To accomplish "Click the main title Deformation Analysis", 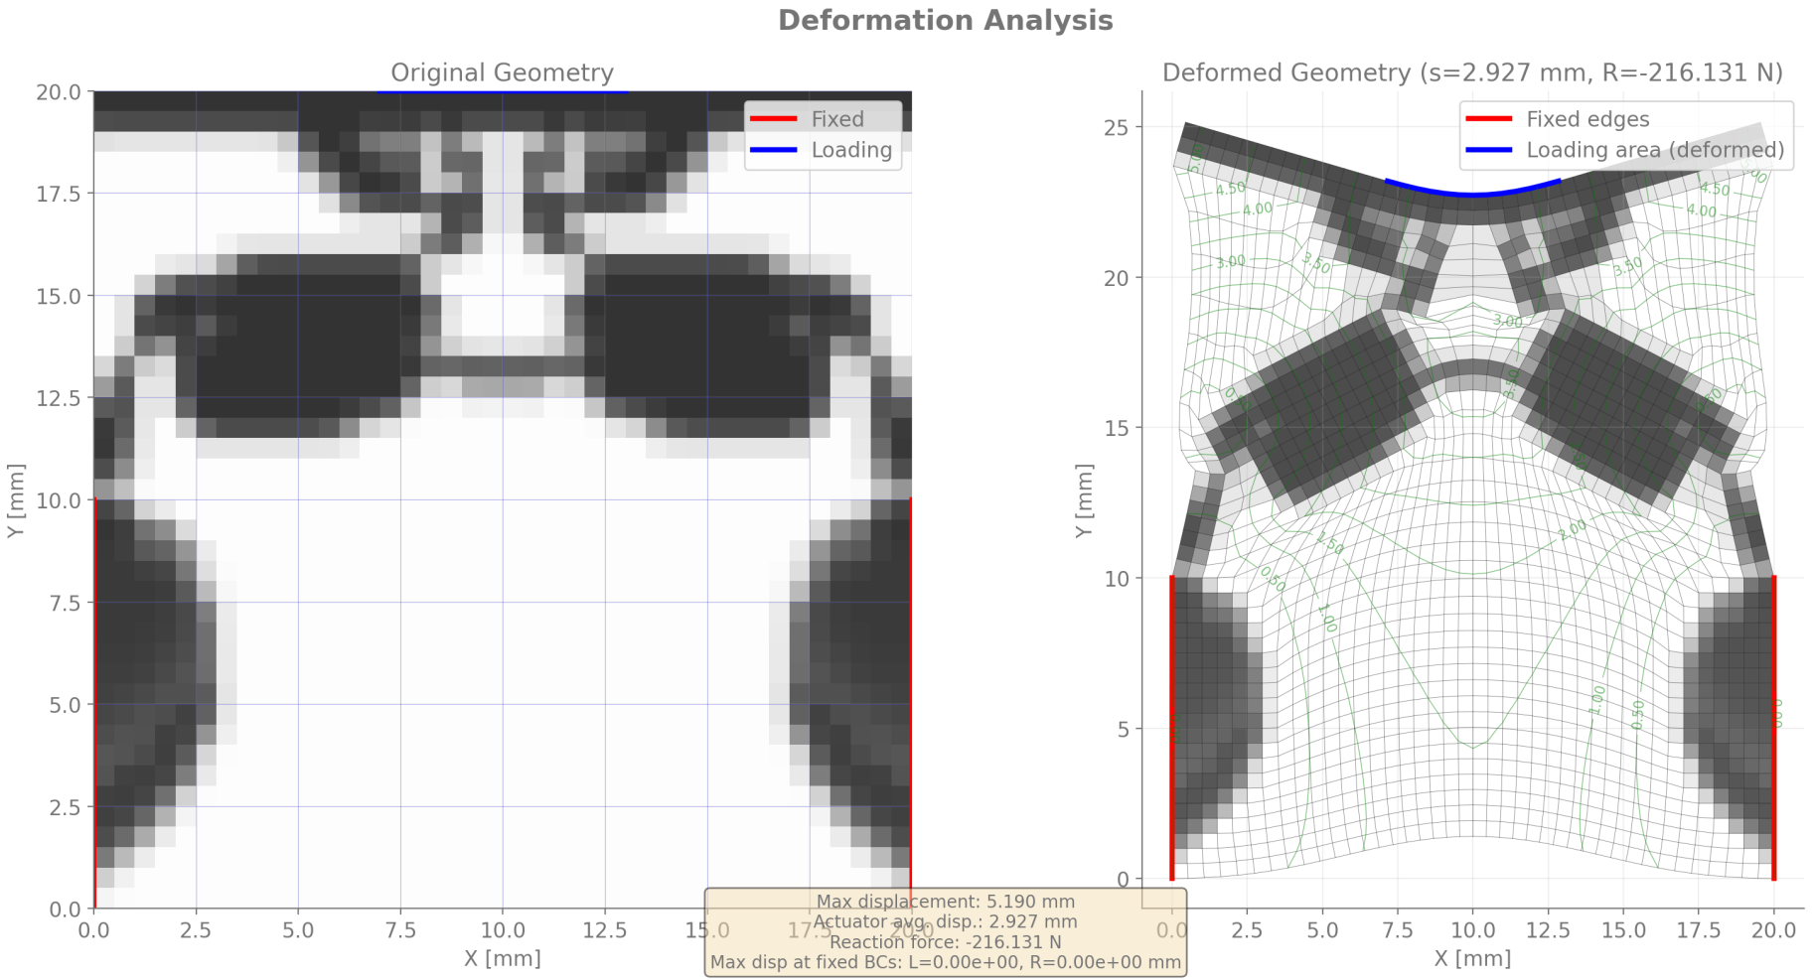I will pos(945,21).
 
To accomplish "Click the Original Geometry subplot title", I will pos(502,72).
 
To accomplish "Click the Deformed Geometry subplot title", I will pos(1472,72).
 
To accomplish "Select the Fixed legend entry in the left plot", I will pos(836,119).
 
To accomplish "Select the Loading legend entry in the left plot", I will pos(850,150).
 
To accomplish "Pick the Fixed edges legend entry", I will pos(1586,119).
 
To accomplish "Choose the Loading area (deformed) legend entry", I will pos(1654,150).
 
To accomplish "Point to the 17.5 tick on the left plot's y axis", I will pos(59,194).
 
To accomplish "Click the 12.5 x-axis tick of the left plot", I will pos(604,930).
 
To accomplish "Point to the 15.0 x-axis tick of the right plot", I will pos(1623,930).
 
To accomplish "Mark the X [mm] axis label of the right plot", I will pos(1472,958).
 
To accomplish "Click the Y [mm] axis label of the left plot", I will pos(16,500).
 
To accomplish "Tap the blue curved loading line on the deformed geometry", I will pos(1472,194).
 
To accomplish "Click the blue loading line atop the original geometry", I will pos(502,91).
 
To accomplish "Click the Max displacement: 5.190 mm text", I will pos(945,902).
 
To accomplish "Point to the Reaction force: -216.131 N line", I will pos(945,942).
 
